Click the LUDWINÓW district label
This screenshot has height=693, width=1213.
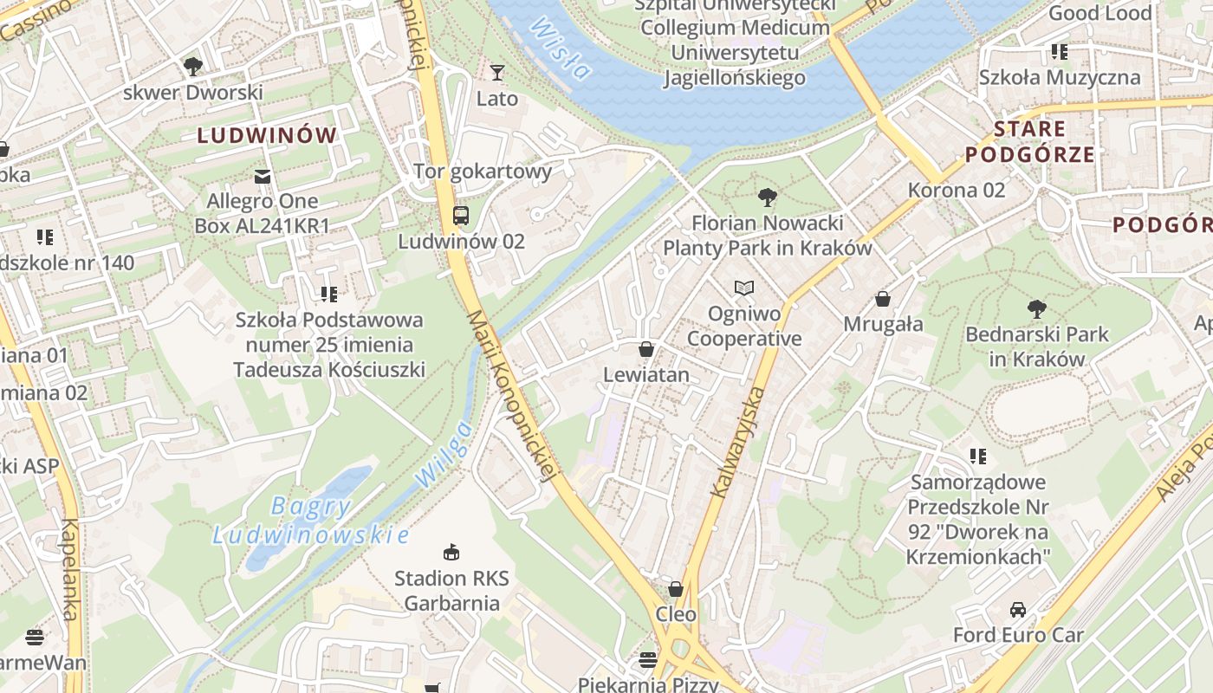click(266, 135)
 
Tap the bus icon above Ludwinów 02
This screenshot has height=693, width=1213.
click(461, 216)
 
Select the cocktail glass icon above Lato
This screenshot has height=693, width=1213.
click(497, 72)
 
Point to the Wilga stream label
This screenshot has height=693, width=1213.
click(444, 453)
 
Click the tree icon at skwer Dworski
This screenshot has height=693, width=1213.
click(192, 66)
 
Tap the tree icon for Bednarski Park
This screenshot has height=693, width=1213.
click(1035, 308)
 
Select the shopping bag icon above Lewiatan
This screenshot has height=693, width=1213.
click(646, 349)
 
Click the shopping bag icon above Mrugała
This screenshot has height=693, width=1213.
click(883, 299)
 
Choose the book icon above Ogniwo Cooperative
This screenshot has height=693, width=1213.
click(744, 288)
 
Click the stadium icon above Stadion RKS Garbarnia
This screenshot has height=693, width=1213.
click(451, 552)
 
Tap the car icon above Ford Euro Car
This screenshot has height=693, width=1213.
click(1018, 609)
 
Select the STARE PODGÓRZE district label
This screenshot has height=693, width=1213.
click(1029, 142)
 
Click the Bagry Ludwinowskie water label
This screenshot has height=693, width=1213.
click(310, 521)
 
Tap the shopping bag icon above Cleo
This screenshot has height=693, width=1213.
click(676, 589)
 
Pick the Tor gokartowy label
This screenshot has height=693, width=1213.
click(483, 171)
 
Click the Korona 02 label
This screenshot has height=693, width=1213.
click(957, 190)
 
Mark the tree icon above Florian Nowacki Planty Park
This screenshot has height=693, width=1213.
click(767, 198)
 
